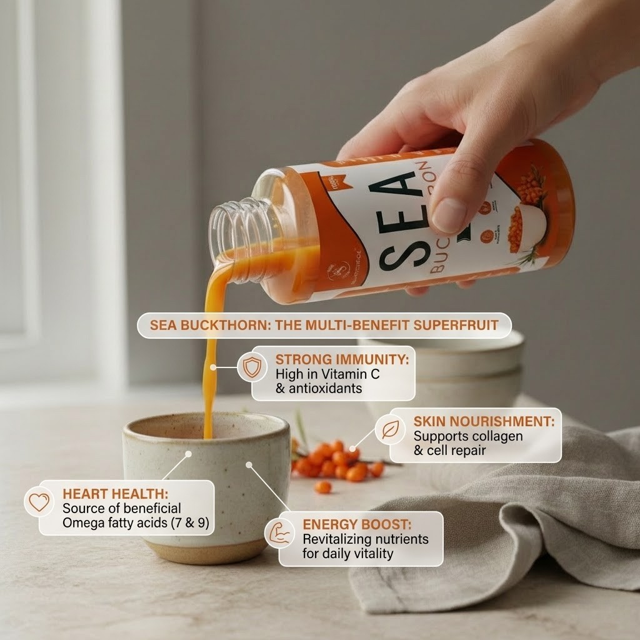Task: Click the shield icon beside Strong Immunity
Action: coord(252,367)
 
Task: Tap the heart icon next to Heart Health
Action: coord(39,502)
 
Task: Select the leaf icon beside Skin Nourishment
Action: coord(390,429)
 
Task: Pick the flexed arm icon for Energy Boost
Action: coord(278,533)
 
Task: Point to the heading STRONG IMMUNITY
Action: coord(342,359)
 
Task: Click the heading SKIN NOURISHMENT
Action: coord(484,421)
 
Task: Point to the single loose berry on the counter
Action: coord(322,486)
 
